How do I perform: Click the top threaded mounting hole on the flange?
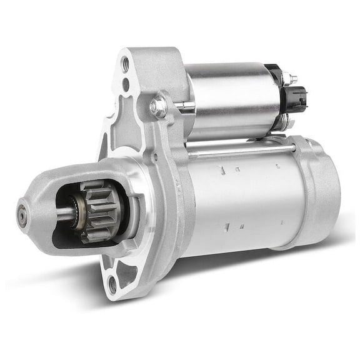click(125, 64)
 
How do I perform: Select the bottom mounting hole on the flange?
click(112, 285)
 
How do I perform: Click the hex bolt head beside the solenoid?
click(158, 107)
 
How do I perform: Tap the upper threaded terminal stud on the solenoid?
click(291, 79)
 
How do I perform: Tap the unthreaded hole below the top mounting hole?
click(126, 84)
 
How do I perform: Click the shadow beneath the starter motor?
click(250, 269)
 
